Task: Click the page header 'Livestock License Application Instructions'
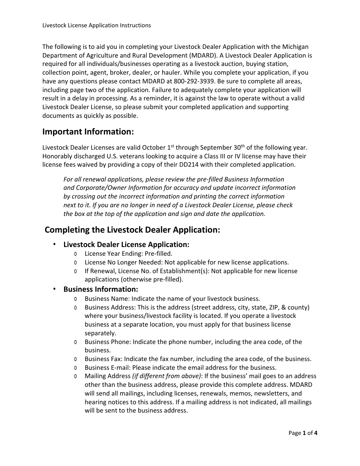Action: point(97,25)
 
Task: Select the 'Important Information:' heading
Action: point(88,132)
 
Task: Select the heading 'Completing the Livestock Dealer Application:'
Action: point(132,230)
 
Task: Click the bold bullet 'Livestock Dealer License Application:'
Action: point(126,244)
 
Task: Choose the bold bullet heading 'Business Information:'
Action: point(100,289)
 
